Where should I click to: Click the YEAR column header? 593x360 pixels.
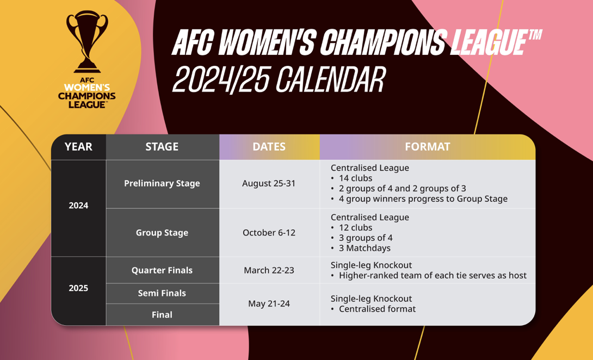78,147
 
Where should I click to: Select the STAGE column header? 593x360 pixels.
162,147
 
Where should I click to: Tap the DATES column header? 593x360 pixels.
269,147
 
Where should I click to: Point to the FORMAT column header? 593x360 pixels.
428,147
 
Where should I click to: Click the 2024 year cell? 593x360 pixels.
78,206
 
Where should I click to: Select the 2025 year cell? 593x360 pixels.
78,288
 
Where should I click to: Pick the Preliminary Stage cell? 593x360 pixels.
162,183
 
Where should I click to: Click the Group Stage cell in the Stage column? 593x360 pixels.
162,233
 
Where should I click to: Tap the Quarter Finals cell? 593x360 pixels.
162,270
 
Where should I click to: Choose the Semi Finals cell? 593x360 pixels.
162,294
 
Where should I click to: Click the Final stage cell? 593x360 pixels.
162,315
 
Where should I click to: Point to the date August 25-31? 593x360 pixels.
269,183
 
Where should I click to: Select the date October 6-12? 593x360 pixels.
269,233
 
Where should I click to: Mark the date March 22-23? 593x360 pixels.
269,270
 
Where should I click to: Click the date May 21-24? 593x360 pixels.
269,303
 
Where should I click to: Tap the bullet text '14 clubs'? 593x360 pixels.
355,178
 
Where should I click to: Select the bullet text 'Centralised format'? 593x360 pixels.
377,309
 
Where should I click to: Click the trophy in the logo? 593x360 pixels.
87,41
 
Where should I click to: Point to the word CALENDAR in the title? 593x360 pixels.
331,80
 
